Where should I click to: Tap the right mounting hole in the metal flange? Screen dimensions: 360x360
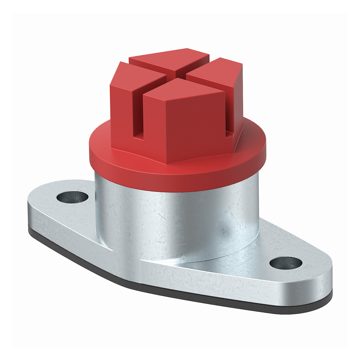pos(285,263)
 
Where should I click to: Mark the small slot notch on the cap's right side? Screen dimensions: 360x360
pos(229,135)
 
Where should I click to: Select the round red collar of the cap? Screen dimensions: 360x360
pos(176,173)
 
